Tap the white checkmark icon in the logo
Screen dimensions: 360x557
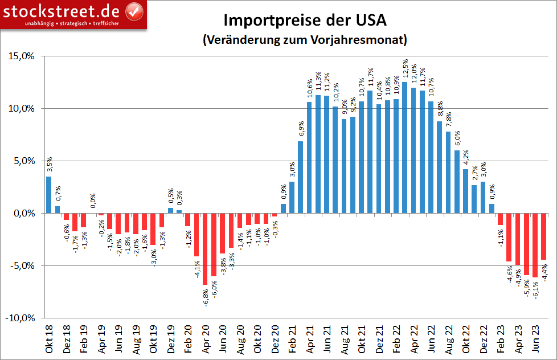coord(134,11)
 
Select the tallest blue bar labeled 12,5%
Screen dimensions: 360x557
coord(404,148)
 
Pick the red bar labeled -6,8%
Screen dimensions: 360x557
coord(205,249)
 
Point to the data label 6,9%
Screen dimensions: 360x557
coord(301,129)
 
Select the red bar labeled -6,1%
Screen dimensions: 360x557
coord(535,245)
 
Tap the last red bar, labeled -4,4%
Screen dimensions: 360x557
coord(543,236)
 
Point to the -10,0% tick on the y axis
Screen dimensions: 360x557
coord(22,318)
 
